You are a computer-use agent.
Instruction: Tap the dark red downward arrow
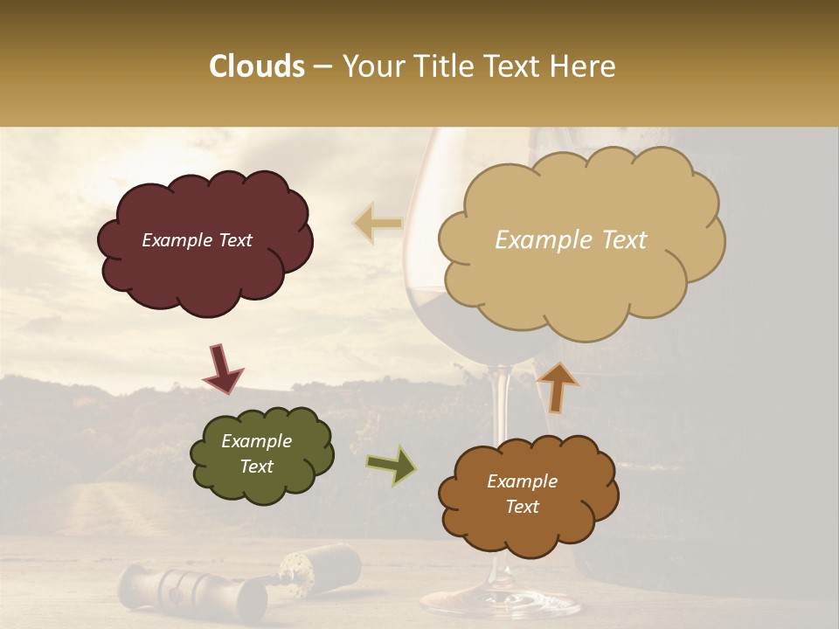point(223,369)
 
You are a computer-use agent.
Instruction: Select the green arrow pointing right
point(392,465)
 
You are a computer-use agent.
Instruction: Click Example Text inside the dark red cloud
point(197,240)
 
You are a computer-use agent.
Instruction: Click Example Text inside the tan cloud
point(571,240)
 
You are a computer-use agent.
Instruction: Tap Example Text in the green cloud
point(257,453)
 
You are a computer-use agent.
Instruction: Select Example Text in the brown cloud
point(522,494)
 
